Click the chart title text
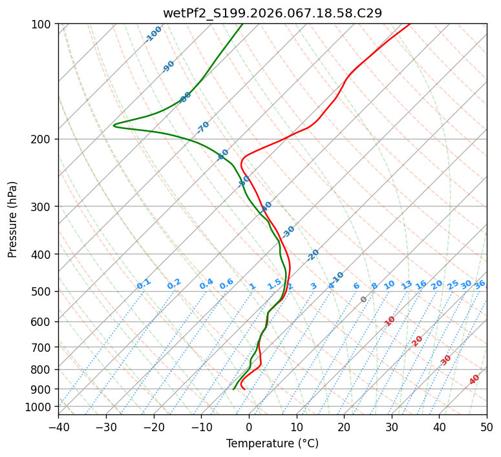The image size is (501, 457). pos(272,13)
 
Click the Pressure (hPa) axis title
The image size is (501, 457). pos(12,219)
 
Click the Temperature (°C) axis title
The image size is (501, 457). pos(272,443)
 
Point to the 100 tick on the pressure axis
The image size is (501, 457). pos(41,25)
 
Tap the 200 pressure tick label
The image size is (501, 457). pos(41,139)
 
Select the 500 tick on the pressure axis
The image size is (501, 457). pos(41,292)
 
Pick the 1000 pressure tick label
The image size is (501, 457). pos(38,407)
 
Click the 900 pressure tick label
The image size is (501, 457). pos(41,389)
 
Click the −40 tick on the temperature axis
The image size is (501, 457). pos(58,427)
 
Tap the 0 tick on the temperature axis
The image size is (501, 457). pos(249,427)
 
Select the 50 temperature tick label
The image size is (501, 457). pos(487,427)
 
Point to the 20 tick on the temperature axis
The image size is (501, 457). pos(344,427)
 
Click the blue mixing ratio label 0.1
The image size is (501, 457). pos(144,284)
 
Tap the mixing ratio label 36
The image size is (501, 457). pos(480,285)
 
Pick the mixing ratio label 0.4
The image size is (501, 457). pos(206,284)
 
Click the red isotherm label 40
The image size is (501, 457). pos(474,380)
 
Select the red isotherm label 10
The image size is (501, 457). pos(390,321)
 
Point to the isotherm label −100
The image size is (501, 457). pos(153,34)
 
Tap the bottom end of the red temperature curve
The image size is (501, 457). pos(244,389)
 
